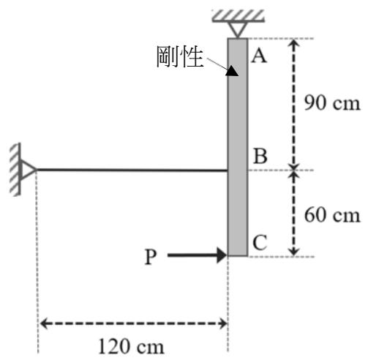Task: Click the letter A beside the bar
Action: (259, 56)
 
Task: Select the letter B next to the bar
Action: (260, 156)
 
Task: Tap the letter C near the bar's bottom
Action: (260, 242)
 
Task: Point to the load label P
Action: (151, 257)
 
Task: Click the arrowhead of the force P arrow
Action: (222, 255)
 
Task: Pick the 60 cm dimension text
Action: (332, 215)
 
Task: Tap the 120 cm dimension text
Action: (131, 346)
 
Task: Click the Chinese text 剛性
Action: (180, 57)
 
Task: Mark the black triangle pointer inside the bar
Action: (232, 71)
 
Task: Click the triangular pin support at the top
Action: (238, 29)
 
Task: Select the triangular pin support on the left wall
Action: (28, 169)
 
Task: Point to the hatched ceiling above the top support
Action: (238, 16)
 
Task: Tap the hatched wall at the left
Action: (15, 170)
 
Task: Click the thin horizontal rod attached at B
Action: (132, 170)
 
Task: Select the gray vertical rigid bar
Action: (238, 147)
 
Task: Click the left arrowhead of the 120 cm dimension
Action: (43, 323)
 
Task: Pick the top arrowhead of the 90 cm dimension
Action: (294, 43)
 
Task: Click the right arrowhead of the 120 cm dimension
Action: (223, 323)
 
